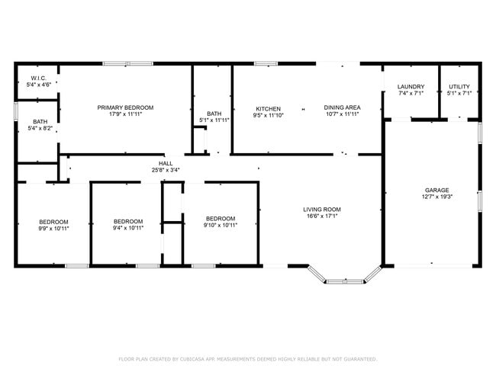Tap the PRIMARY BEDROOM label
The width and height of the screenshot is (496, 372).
point(125,107)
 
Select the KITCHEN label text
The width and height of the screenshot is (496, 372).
point(269,108)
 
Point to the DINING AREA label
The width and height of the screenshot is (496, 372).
point(342,107)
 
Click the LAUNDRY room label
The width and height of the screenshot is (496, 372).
point(411,87)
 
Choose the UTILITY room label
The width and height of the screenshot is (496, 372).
point(459,87)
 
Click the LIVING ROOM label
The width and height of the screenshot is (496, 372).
point(322,209)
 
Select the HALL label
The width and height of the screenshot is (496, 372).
point(166,163)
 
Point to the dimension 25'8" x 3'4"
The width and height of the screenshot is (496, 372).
point(166,170)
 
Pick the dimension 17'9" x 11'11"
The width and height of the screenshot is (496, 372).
point(125,114)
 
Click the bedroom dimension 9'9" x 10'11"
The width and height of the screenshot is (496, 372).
point(54,228)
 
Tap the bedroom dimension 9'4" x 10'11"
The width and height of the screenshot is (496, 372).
point(128,228)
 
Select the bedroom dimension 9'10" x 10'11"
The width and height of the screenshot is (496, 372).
point(221,225)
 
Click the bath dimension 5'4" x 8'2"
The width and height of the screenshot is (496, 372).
point(40,129)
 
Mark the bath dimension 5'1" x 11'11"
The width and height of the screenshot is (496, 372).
point(214,120)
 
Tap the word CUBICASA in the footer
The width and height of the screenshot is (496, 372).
point(197,359)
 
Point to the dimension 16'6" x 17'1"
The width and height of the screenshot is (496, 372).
point(322,216)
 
